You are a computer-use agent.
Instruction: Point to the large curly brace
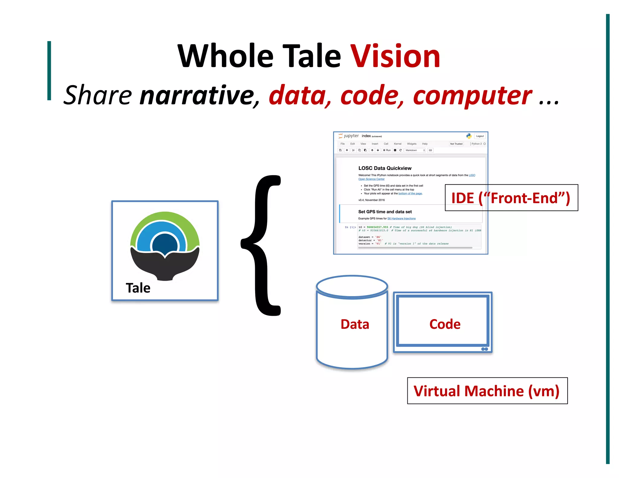pyautogui.click(x=261, y=245)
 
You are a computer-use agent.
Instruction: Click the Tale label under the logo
pyautogui.click(x=138, y=288)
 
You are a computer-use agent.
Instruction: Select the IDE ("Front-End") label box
pyautogui.click(x=511, y=198)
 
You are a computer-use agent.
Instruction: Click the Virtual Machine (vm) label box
pyautogui.click(x=487, y=391)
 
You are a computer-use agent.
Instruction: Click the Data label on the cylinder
pyautogui.click(x=355, y=324)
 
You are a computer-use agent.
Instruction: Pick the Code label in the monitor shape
pyautogui.click(x=445, y=324)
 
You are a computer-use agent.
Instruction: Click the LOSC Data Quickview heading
pyautogui.click(x=385, y=168)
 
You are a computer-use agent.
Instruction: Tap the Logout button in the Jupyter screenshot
pyautogui.click(x=480, y=136)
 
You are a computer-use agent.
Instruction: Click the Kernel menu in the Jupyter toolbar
pyautogui.click(x=397, y=144)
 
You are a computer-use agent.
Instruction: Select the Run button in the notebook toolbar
pyautogui.click(x=387, y=150)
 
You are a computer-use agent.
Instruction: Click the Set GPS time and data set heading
pyautogui.click(x=385, y=212)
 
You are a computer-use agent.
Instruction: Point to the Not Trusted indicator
pyautogui.click(x=456, y=144)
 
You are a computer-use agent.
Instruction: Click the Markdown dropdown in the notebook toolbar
pyautogui.click(x=415, y=150)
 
